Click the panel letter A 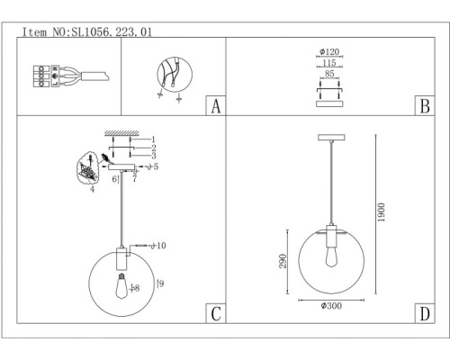click(215, 106)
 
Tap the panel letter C click(215, 314)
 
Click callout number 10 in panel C click(160, 245)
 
